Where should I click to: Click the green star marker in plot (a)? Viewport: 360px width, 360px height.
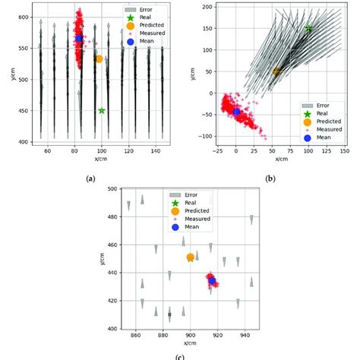102,111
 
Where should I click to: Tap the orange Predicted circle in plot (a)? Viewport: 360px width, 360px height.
99,58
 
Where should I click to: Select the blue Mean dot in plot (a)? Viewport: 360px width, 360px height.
79,38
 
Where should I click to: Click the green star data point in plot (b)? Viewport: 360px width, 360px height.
308,28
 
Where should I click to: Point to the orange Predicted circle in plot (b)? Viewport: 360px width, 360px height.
276,71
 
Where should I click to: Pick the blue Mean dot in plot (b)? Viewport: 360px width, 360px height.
237,112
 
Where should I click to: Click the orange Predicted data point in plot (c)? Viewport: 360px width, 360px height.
191,258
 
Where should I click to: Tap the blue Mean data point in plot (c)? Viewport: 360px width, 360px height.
212,281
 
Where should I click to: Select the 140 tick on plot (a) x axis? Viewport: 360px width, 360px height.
156,152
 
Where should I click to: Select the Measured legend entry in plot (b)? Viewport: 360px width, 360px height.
327,130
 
